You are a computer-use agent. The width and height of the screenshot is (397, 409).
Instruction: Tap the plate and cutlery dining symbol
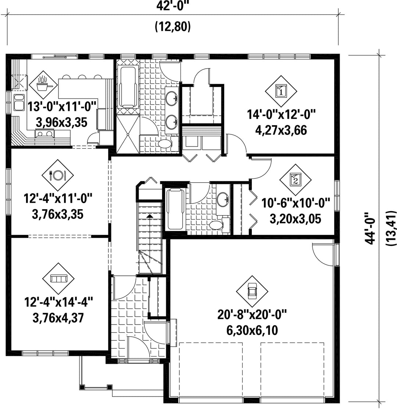tap(58, 175)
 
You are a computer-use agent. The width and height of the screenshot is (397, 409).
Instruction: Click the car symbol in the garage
tap(252, 292)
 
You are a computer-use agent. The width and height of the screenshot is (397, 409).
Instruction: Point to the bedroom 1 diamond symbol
tap(281, 91)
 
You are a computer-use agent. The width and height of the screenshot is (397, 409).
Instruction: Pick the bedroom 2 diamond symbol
tap(296, 180)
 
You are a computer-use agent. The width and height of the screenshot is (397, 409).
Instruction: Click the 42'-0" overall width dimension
tap(173, 6)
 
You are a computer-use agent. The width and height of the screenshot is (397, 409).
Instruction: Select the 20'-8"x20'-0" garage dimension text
tap(252, 315)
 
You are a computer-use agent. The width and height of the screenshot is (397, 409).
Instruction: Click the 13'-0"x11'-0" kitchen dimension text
tap(62, 106)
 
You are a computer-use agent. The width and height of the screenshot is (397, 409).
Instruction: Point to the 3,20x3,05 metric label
tap(296, 219)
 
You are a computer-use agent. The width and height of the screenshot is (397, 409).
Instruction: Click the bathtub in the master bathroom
tap(128, 87)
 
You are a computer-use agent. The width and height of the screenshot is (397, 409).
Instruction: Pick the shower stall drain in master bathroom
tap(128, 134)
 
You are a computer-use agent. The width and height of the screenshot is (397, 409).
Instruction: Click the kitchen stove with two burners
tap(45, 134)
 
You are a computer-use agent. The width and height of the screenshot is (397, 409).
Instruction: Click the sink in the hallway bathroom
tap(223, 200)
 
